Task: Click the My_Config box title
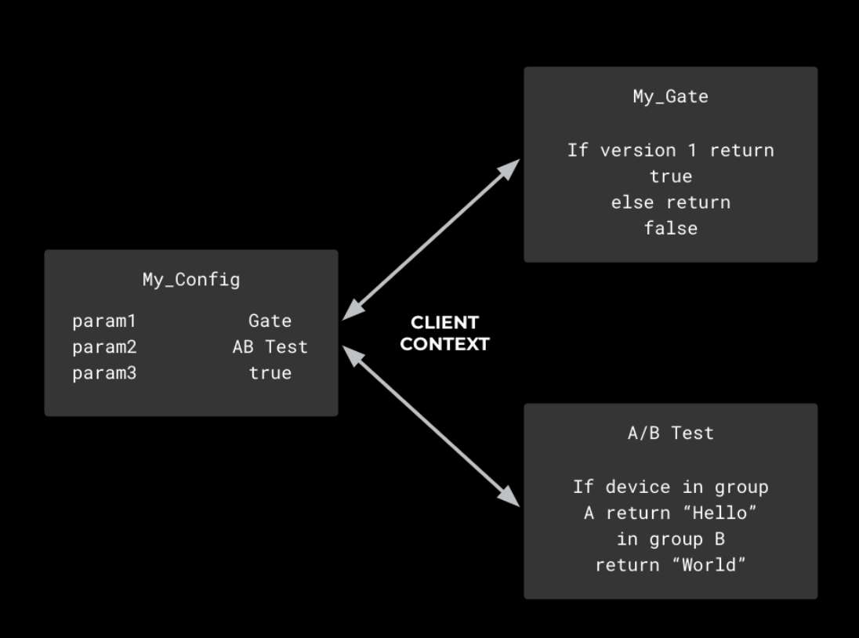pos(191,280)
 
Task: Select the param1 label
pos(104,321)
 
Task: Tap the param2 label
pos(104,347)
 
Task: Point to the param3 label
pos(104,374)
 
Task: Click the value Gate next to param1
pos(270,321)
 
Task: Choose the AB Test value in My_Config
pos(270,346)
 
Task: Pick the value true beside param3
pos(270,373)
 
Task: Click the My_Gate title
pos(671,97)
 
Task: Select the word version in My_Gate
pos(638,150)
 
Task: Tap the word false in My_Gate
pos(671,228)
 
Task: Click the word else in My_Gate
pos(632,203)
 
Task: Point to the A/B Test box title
pos(671,433)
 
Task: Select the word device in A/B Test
pos(638,487)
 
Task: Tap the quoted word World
pos(709,564)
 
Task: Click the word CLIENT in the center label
pos(445,323)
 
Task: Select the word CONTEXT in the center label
pos(445,344)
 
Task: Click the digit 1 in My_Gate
pos(693,150)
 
